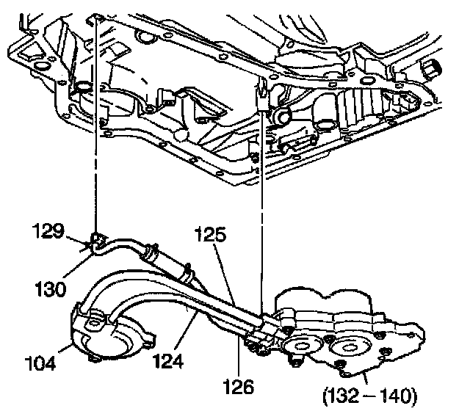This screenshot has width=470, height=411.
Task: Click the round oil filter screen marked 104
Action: (110, 335)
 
